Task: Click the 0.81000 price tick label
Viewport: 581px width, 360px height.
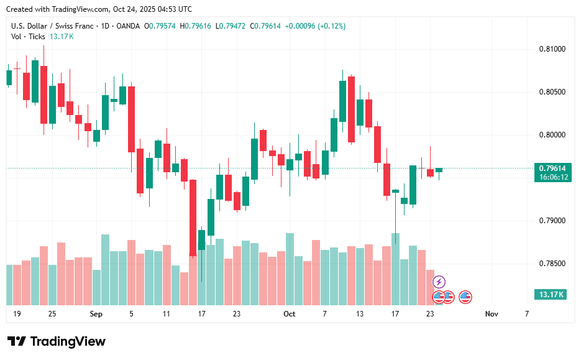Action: tap(551, 49)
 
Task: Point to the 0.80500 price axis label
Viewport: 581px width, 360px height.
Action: tap(551, 92)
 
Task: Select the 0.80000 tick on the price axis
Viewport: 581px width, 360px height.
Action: tap(551, 135)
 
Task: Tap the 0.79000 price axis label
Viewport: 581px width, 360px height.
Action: tap(551, 221)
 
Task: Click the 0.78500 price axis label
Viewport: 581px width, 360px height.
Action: tap(551, 264)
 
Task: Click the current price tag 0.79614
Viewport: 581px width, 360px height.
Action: tap(552, 168)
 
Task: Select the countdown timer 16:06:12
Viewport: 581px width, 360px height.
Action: tap(552, 177)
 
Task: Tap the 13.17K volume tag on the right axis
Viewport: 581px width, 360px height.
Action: tap(551, 294)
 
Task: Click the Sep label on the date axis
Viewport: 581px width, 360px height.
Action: tap(96, 314)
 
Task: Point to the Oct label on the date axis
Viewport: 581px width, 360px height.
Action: tap(289, 314)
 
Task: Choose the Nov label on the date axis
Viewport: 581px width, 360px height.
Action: tap(492, 314)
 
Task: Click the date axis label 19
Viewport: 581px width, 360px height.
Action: tap(17, 314)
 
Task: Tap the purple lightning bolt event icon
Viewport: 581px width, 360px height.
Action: tap(439, 282)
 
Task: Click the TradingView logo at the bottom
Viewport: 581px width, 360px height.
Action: tap(57, 341)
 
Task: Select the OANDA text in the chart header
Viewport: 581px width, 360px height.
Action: tap(127, 26)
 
